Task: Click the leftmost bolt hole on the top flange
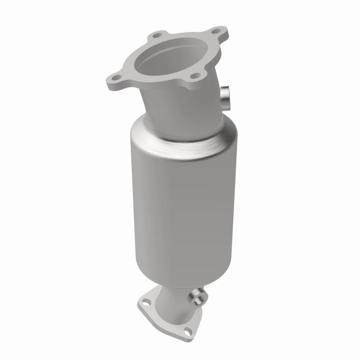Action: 116,78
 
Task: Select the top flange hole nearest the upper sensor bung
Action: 195,76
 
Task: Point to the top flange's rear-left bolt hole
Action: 157,34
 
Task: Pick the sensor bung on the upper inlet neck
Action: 225,96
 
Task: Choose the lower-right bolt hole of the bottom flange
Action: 188,332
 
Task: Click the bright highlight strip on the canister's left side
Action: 137,202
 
